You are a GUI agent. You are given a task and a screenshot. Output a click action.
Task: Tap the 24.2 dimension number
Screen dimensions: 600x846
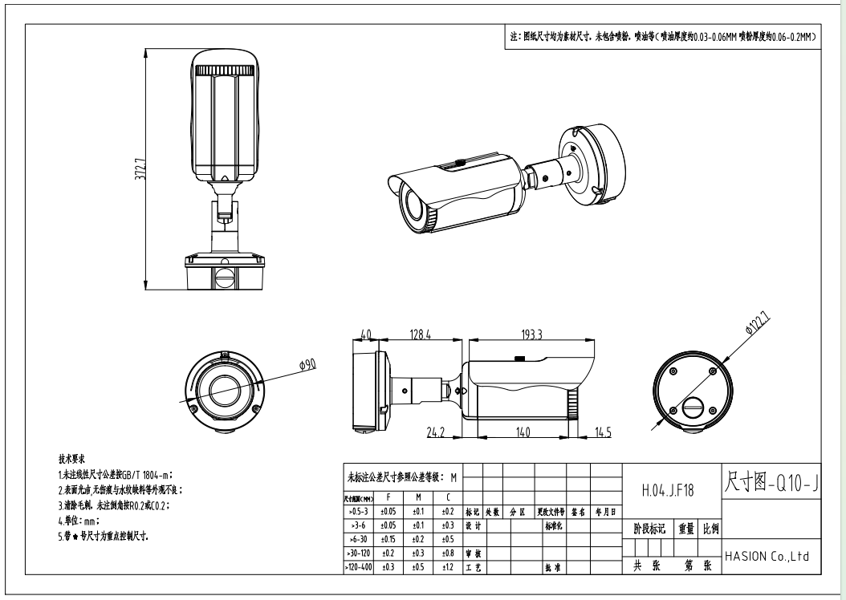tap(436, 434)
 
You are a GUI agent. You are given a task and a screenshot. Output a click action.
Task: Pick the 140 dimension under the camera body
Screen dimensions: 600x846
tap(523, 434)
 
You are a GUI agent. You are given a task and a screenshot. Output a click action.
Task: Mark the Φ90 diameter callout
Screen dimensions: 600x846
tap(307, 365)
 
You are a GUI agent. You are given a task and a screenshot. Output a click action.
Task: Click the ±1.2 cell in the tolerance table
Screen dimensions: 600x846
tap(448, 568)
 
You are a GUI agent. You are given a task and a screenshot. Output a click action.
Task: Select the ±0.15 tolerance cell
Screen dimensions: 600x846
tap(388, 539)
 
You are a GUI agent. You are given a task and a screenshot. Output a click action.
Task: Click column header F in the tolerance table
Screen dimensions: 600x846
tap(388, 497)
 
